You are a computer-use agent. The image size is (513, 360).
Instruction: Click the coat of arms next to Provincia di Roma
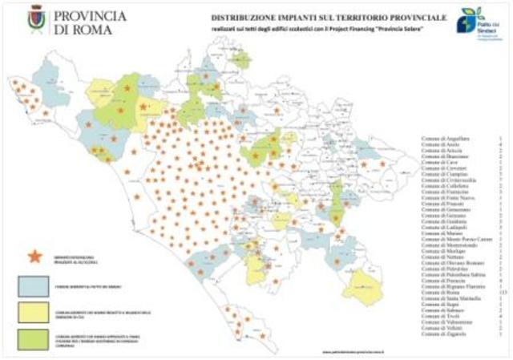37,18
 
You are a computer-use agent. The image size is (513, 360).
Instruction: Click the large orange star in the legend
35,256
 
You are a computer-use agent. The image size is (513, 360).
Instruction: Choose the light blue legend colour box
37,285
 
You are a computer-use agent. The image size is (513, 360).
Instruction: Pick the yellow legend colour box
37,310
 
